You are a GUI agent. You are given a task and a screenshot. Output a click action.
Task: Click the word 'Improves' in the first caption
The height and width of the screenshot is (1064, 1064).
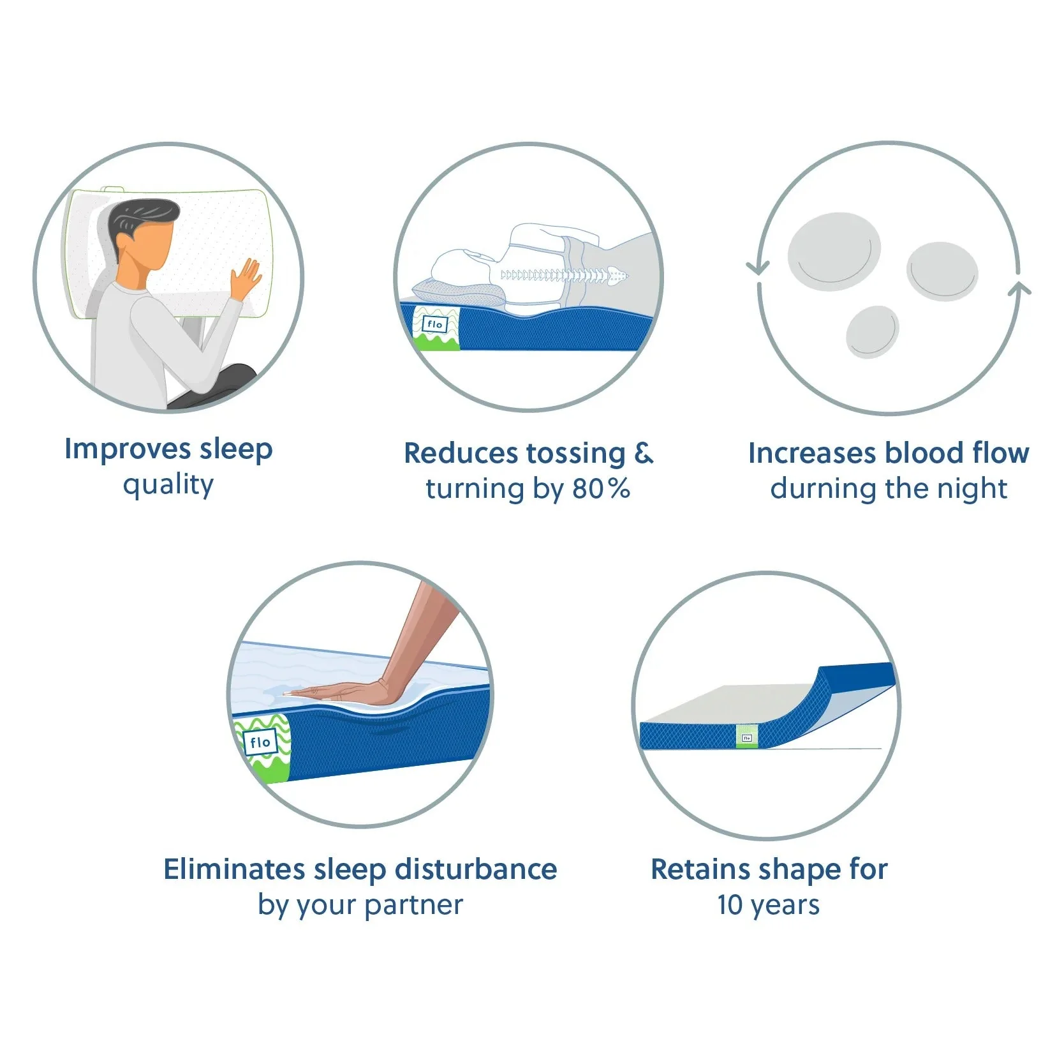(x=128, y=450)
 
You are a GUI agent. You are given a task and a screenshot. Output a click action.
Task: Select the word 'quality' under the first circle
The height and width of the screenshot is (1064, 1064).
(x=168, y=485)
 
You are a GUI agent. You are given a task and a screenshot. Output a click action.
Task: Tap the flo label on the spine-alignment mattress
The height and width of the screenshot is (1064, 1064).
(x=436, y=324)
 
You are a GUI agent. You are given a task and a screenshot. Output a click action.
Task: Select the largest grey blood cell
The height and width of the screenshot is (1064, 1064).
(x=834, y=251)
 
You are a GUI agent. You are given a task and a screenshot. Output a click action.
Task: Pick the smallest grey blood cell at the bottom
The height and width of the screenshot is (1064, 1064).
(x=872, y=331)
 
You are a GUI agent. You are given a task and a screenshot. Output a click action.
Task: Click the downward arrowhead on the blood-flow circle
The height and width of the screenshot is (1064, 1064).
(x=757, y=267)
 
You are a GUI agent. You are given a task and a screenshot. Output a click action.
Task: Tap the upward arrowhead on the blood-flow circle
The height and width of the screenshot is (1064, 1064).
(x=1019, y=288)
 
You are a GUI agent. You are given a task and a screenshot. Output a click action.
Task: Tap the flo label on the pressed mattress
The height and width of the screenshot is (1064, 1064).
(x=260, y=742)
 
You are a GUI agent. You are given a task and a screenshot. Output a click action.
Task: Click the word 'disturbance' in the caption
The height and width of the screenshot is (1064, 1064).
(x=476, y=870)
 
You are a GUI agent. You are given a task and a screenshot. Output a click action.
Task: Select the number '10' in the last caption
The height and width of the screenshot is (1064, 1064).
(x=730, y=905)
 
